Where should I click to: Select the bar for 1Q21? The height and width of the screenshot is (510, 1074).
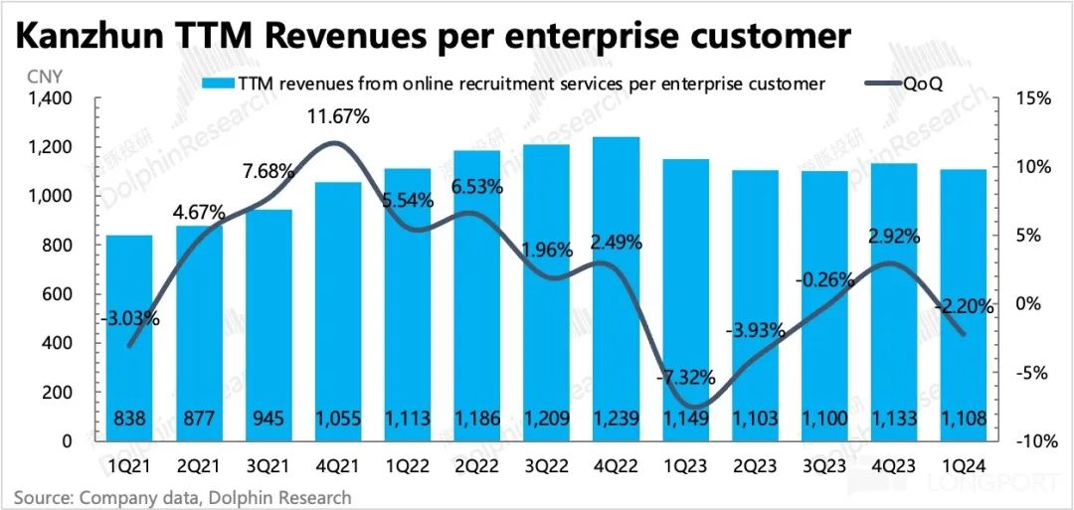[x=130, y=338]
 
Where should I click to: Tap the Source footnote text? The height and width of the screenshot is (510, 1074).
[x=182, y=496]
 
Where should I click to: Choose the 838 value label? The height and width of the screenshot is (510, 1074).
[x=130, y=420]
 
